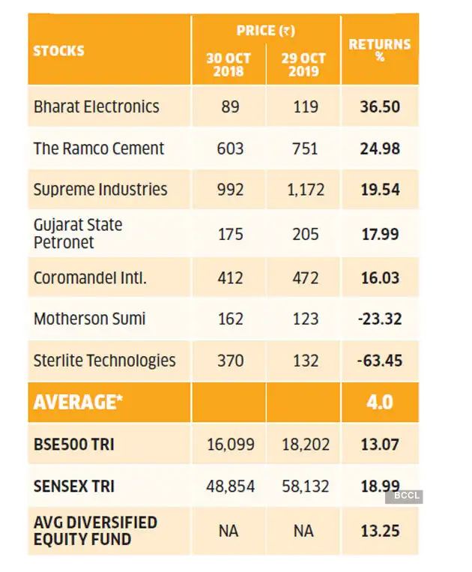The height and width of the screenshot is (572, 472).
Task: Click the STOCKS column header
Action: [x=58, y=51]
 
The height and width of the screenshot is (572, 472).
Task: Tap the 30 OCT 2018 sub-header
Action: [x=229, y=64]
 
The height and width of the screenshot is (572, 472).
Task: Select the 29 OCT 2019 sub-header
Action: [x=303, y=64]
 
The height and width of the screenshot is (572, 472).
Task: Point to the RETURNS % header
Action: [x=380, y=49]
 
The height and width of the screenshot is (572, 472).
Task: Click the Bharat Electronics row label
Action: [x=96, y=106]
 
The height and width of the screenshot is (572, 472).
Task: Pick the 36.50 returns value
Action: [x=380, y=106]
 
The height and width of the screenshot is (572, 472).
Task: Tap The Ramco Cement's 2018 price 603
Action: [x=230, y=148]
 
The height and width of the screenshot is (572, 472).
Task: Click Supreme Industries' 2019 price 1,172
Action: [x=305, y=190]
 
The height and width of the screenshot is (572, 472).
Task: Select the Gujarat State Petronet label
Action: [x=78, y=234]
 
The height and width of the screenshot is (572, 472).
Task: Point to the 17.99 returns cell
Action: [x=380, y=234]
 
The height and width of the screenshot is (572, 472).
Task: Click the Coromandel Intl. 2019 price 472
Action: [x=305, y=278]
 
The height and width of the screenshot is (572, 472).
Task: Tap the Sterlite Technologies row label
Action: [x=104, y=361]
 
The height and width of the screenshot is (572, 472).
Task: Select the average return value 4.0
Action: [x=380, y=403]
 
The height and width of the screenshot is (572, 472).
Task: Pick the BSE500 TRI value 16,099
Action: [x=230, y=445]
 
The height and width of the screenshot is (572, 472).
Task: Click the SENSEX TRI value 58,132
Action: [x=305, y=487]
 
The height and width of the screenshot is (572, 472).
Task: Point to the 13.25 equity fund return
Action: [x=380, y=531]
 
